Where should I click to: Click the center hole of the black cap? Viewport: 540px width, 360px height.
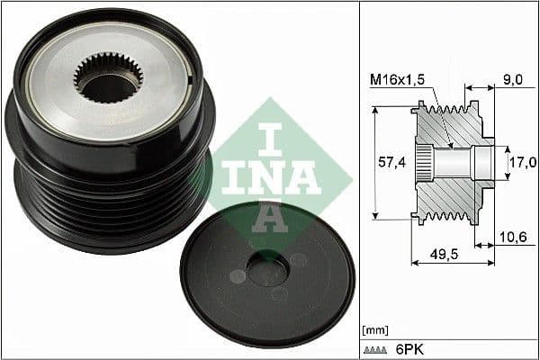click(x=266, y=268)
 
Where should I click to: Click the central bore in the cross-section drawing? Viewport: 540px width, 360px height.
click(x=459, y=163)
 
